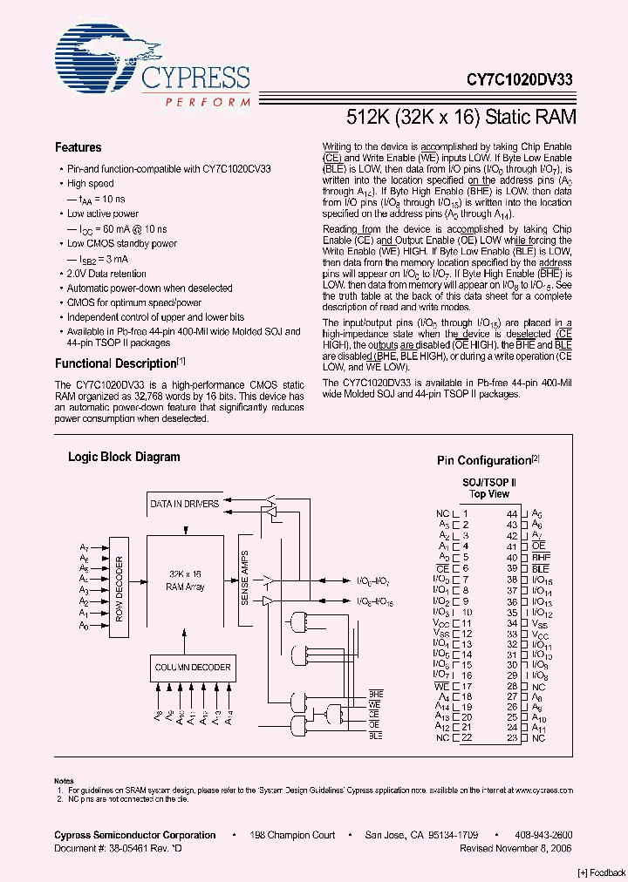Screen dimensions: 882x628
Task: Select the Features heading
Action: pyautogui.click(x=78, y=147)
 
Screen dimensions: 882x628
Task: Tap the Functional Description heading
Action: pyautogui.click(x=116, y=363)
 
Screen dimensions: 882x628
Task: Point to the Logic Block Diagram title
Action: pyautogui.click(x=124, y=457)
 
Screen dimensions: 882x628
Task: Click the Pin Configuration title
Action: pyautogui.click(x=484, y=460)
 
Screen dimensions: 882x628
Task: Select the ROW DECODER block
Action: pyautogui.click(x=119, y=589)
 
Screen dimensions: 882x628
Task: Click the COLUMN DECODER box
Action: pyautogui.click(x=193, y=668)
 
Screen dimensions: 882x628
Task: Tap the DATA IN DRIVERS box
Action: pyautogui.click(x=184, y=504)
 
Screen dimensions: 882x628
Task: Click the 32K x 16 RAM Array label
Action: pyautogui.click(x=185, y=580)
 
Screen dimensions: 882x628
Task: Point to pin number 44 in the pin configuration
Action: pyautogui.click(x=512, y=514)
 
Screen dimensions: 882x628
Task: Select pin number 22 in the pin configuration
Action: pyautogui.click(x=467, y=738)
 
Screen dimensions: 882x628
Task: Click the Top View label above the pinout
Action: pyautogui.click(x=488, y=494)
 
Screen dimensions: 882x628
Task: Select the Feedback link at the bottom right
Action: pyautogui.click(x=601, y=872)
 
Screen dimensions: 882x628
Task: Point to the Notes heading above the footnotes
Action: pyautogui.click(x=64, y=781)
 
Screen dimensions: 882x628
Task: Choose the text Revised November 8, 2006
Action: pyautogui.click(x=516, y=846)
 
